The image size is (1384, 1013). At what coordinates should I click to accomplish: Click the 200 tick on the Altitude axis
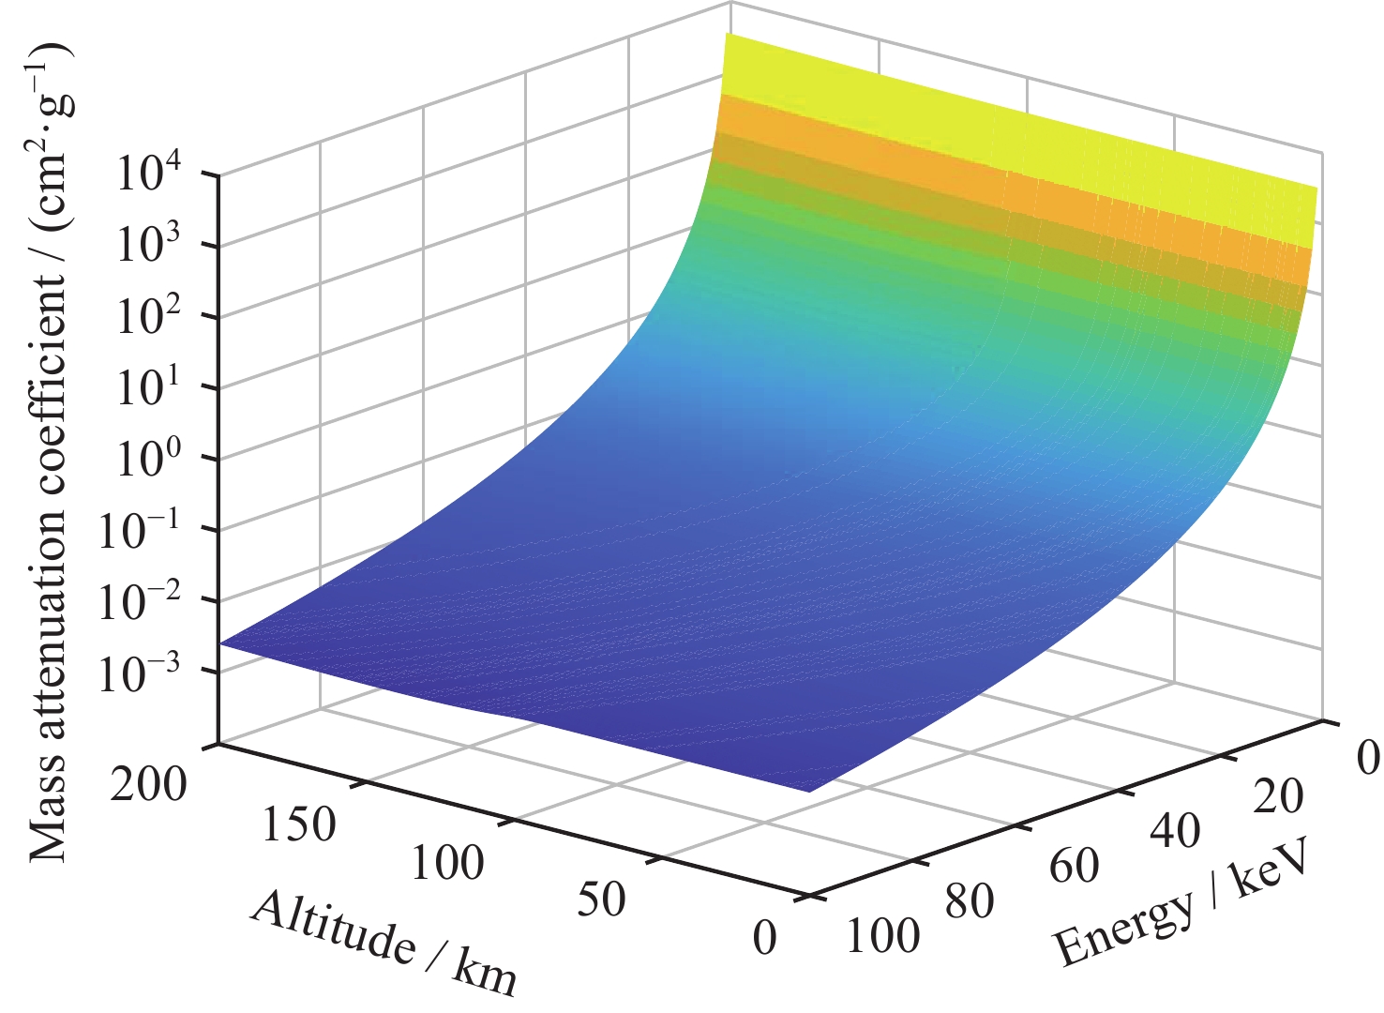[148, 784]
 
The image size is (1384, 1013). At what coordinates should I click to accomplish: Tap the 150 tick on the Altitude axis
[297, 824]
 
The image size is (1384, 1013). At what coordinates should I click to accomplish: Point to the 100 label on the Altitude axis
[447, 861]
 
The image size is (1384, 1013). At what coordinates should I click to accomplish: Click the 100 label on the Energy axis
[882, 935]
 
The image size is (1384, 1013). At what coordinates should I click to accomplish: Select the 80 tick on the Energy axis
[970, 901]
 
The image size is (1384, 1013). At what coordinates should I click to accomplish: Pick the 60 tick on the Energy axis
[1074, 866]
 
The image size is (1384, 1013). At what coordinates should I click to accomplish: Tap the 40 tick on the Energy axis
[1176, 830]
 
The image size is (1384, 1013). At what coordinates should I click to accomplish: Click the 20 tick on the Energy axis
[1277, 796]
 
